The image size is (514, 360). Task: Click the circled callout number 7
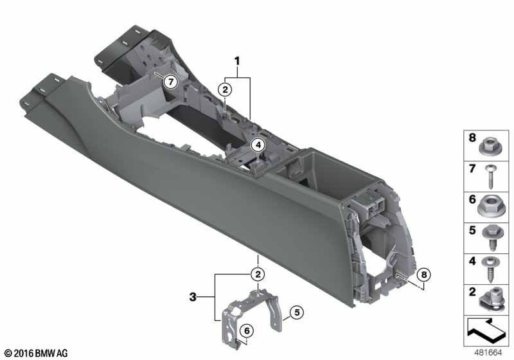(x=171, y=82)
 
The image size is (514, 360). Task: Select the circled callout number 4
(x=258, y=145)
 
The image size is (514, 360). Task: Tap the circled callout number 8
(x=424, y=274)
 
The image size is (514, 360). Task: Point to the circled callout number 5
(x=297, y=312)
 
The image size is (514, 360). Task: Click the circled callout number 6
(x=247, y=331)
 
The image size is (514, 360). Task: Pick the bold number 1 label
(x=237, y=61)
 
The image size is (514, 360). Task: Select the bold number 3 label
(x=193, y=297)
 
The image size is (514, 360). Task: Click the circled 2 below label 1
(x=225, y=89)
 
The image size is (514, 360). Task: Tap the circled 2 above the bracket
(x=258, y=274)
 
